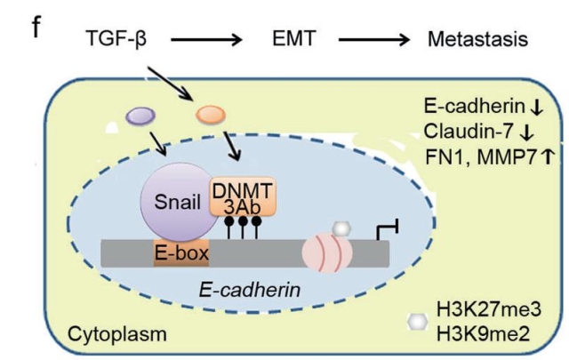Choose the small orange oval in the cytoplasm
[211, 114]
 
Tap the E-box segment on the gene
[182, 254]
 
